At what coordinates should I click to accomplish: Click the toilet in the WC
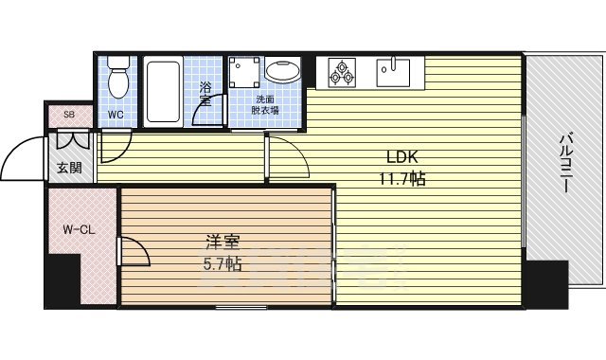(x=118, y=78)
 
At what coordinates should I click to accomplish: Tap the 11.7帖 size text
(x=403, y=177)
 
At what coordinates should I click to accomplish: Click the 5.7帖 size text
(x=221, y=263)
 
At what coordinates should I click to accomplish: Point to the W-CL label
(x=78, y=229)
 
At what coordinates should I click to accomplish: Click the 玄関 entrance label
(x=68, y=169)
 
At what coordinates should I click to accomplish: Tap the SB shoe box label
(x=68, y=116)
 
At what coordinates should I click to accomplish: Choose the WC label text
(x=116, y=116)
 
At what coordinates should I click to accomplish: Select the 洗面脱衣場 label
(x=265, y=104)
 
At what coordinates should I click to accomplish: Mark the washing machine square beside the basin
(x=243, y=71)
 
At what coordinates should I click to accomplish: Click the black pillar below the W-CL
(x=63, y=280)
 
